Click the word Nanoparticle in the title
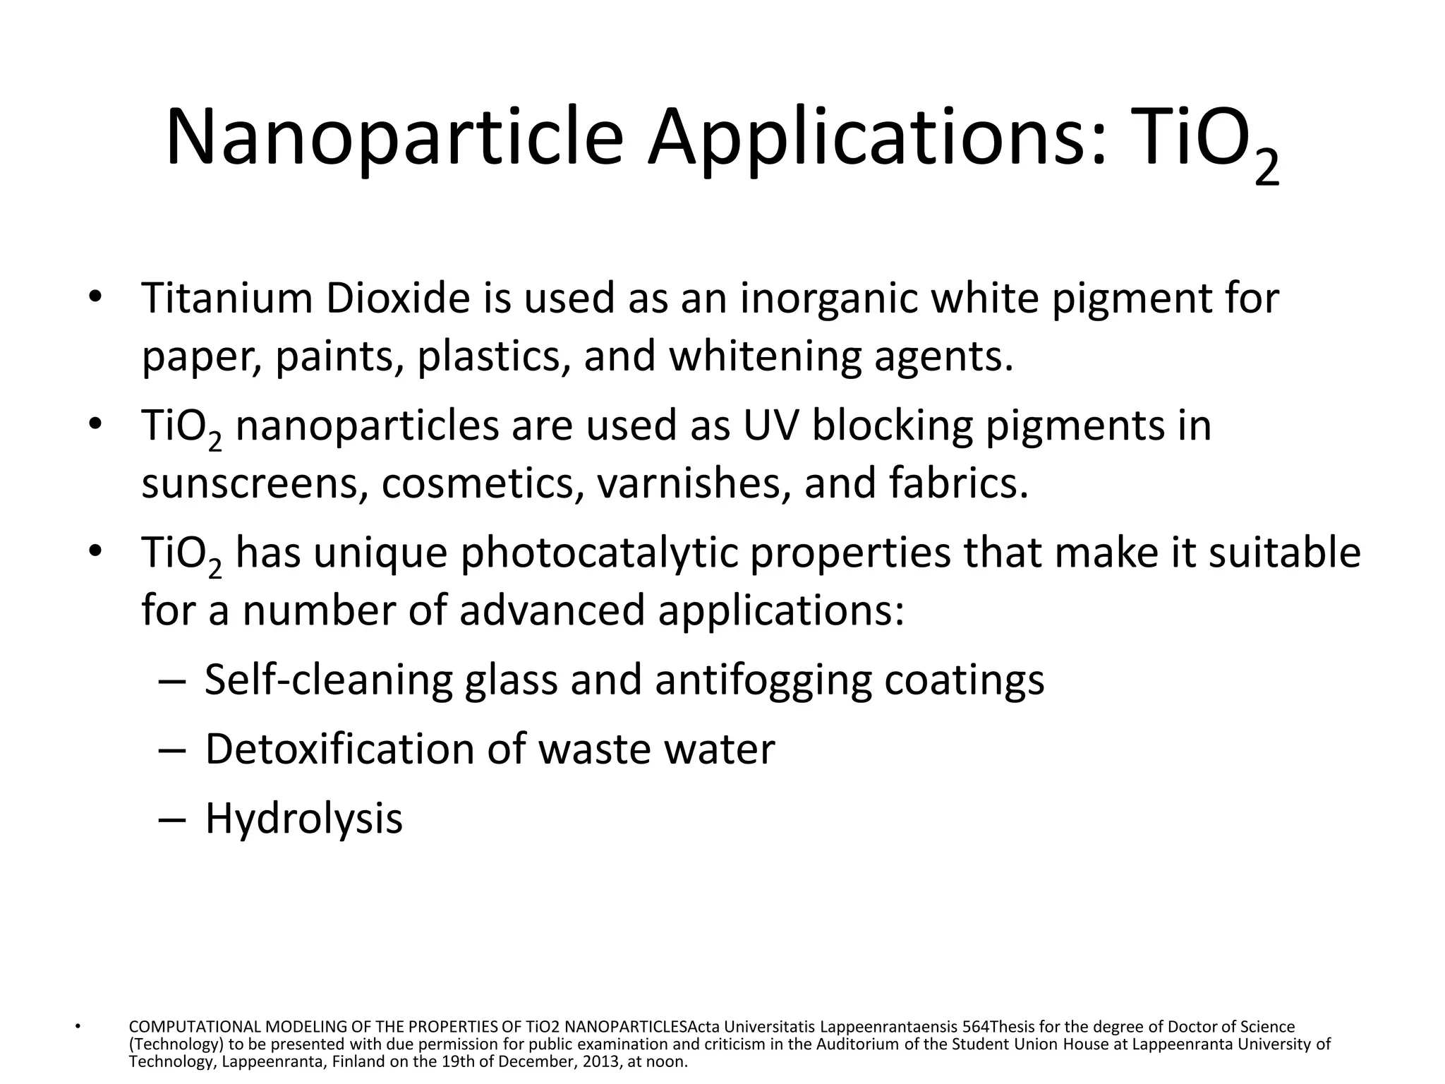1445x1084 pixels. [x=394, y=138]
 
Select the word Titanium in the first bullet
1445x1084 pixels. [x=227, y=298]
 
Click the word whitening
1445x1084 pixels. [x=765, y=357]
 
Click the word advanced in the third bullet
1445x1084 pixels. [x=552, y=610]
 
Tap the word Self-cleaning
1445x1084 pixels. [x=328, y=680]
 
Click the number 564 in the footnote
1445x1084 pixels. [x=976, y=1027]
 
